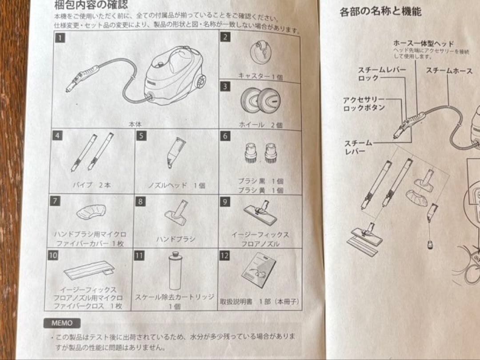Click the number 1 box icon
pos(58,38)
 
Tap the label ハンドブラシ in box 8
pos(176,239)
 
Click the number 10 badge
pos(53,256)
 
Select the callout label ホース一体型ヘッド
pos(424,44)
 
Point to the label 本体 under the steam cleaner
pos(135,125)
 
